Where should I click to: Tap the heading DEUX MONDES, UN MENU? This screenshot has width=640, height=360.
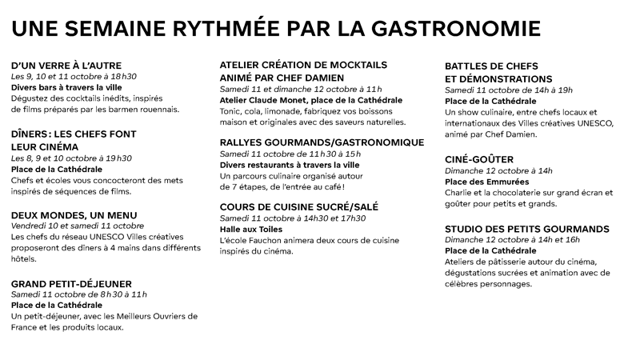[74, 215]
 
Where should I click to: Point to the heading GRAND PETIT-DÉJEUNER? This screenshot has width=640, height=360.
[71, 283]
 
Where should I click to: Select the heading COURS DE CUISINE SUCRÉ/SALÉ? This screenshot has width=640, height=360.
[299, 207]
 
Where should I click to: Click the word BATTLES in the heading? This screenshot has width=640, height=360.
[471, 66]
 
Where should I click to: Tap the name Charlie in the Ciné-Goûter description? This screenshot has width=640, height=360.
[461, 193]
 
